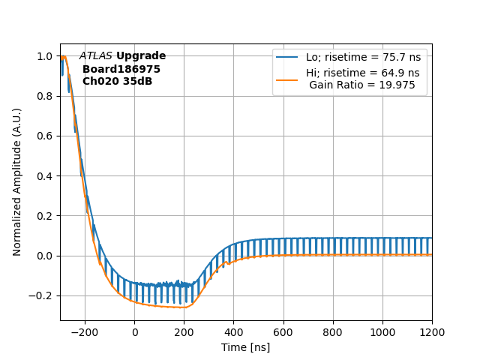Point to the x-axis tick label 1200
432,332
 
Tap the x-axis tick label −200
85,332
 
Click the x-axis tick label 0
134,332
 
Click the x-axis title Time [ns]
245,347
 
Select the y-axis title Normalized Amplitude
17,181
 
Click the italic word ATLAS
96,56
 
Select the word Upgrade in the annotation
141,56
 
